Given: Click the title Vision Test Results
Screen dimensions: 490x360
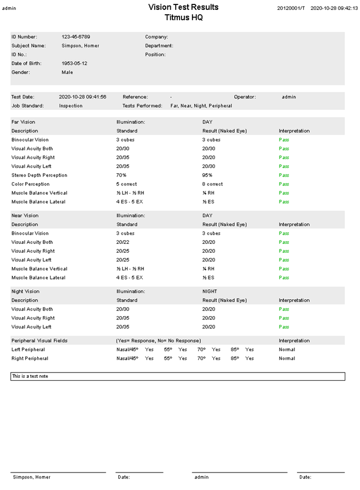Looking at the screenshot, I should point(183,7).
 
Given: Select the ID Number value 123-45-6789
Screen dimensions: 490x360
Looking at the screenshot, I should point(76,37).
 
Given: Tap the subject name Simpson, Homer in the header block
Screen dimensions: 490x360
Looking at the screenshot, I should point(80,45).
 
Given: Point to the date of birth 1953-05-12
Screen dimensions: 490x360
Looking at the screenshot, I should point(74,63).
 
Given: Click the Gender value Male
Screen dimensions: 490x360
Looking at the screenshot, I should point(67,72).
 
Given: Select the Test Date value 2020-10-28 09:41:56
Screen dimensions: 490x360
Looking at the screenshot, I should point(83,97).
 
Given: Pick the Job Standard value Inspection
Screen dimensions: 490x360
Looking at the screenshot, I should point(71,106).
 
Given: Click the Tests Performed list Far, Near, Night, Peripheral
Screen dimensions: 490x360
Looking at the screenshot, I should point(201,106).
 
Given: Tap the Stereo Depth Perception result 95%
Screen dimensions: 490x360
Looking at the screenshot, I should point(207,175).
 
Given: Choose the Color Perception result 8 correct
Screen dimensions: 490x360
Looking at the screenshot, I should point(212,184).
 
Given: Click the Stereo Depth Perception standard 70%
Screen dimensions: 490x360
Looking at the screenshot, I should point(121,175).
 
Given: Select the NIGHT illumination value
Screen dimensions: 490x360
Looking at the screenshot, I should point(209,291).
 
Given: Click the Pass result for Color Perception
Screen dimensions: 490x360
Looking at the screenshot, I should point(283,184).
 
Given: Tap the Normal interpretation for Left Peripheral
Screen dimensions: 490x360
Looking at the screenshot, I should point(286,349).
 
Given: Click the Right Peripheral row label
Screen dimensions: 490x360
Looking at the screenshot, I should point(30,358).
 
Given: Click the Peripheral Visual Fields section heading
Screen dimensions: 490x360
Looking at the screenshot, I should point(39,340).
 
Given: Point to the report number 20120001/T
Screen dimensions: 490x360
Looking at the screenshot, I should point(291,9).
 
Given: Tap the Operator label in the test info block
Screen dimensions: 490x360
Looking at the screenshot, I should point(245,97).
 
